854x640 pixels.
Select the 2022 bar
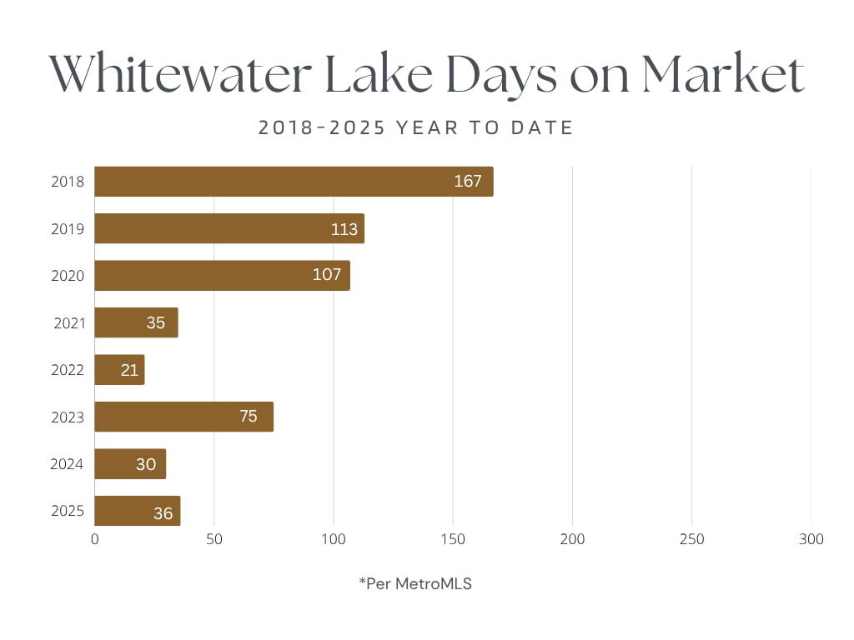[x=119, y=370]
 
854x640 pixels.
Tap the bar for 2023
[x=183, y=417]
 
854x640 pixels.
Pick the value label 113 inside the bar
[x=344, y=229]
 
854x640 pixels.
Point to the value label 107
[x=327, y=275]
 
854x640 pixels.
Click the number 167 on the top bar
[x=468, y=182]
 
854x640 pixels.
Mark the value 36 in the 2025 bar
[x=163, y=513]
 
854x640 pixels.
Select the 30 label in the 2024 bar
[x=146, y=464]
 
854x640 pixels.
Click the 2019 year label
[x=68, y=229]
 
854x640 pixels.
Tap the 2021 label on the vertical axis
[x=69, y=322]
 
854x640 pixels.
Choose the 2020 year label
[x=68, y=276]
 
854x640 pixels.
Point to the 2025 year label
[x=68, y=511]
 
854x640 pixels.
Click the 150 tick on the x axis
[x=453, y=540]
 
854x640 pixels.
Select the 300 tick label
[x=811, y=540]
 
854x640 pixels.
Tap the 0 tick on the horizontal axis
[x=95, y=540]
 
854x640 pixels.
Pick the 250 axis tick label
[x=691, y=540]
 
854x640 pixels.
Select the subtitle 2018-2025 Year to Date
[x=415, y=128]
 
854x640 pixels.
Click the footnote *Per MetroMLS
[x=415, y=584]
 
